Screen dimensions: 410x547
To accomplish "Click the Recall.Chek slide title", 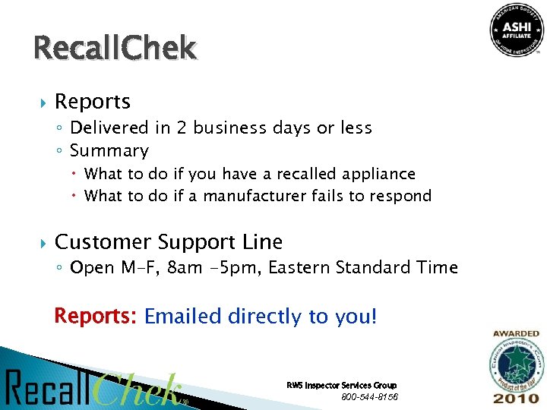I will (x=115, y=49).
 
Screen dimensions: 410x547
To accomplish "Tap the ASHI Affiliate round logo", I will (x=517, y=30).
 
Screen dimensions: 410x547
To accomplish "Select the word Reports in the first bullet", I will (x=93, y=102).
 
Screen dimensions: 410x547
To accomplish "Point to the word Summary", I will (x=109, y=151).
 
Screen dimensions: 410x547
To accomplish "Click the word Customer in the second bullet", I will (x=103, y=242).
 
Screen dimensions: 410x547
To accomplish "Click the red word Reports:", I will (x=95, y=316).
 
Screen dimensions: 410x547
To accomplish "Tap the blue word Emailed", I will (x=182, y=316).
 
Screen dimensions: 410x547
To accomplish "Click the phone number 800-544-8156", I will (x=370, y=397).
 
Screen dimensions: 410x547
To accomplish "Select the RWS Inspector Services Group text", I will (x=341, y=386).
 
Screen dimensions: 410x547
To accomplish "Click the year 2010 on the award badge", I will (x=516, y=398).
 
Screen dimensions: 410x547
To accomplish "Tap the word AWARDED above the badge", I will (x=516, y=333).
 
